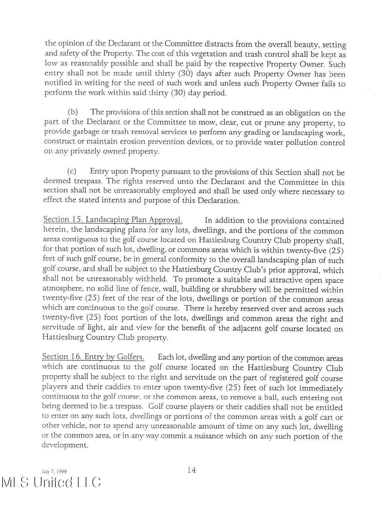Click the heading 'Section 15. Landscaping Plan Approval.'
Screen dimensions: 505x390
coord(112,220)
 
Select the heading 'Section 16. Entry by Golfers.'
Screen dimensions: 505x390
coord(93,357)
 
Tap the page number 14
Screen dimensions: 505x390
coord(191,470)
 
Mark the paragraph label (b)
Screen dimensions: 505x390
coord(73,112)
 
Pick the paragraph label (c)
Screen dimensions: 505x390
coord(72,171)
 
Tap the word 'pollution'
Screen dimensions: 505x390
coord(301,143)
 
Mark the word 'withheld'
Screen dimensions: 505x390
coord(151,279)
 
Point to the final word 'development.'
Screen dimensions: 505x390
coord(65,446)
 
